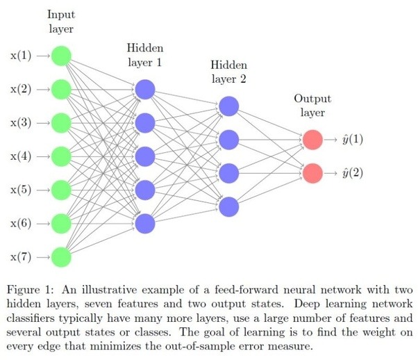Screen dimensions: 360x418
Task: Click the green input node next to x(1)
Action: point(62,56)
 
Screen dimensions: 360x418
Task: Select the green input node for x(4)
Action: point(62,156)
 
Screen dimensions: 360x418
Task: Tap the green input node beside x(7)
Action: point(62,256)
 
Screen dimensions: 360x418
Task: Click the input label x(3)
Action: point(20,123)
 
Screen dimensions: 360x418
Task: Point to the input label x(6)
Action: point(20,223)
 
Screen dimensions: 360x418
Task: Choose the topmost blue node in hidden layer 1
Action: point(145,89)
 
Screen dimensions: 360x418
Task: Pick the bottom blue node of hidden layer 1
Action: point(145,223)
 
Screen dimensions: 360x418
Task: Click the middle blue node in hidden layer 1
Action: point(145,156)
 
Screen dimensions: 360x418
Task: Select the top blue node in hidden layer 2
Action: point(228,106)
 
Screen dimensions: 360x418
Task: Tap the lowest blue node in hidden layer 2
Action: point(228,206)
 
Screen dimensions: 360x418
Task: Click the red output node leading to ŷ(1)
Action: point(312,140)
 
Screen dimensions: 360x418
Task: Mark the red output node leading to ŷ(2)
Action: point(312,172)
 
